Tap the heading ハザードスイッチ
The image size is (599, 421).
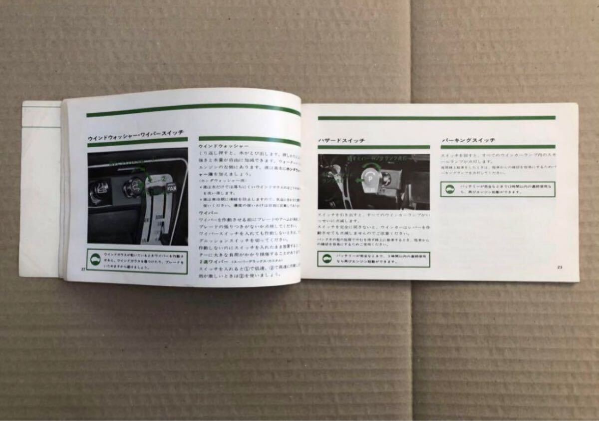(x=341, y=141)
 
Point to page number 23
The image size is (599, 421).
(x=560, y=267)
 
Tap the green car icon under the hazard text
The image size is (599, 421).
(x=325, y=259)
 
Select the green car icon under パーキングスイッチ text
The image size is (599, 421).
(x=449, y=189)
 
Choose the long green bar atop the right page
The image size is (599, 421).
(x=436, y=118)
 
